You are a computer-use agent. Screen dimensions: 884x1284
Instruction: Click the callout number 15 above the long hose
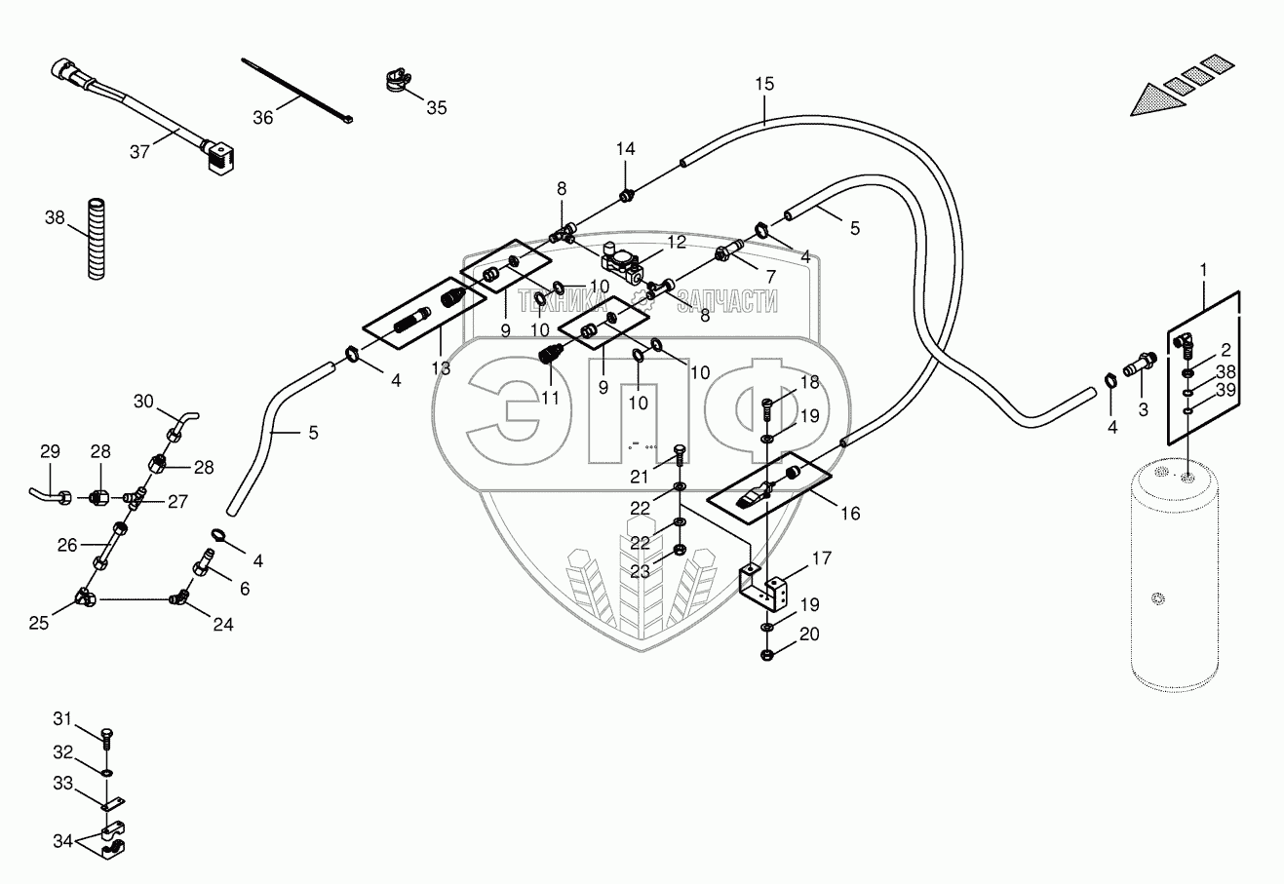click(x=763, y=84)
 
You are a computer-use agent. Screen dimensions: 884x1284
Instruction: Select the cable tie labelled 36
click(x=297, y=91)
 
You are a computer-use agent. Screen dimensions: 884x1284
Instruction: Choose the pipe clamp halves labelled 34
click(x=112, y=840)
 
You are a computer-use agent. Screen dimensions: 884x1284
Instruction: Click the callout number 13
click(x=441, y=368)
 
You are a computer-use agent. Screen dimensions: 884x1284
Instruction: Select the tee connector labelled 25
click(x=84, y=596)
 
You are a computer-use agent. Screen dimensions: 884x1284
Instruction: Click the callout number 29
click(x=50, y=451)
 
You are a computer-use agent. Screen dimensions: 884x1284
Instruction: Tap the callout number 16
click(x=850, y=513)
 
